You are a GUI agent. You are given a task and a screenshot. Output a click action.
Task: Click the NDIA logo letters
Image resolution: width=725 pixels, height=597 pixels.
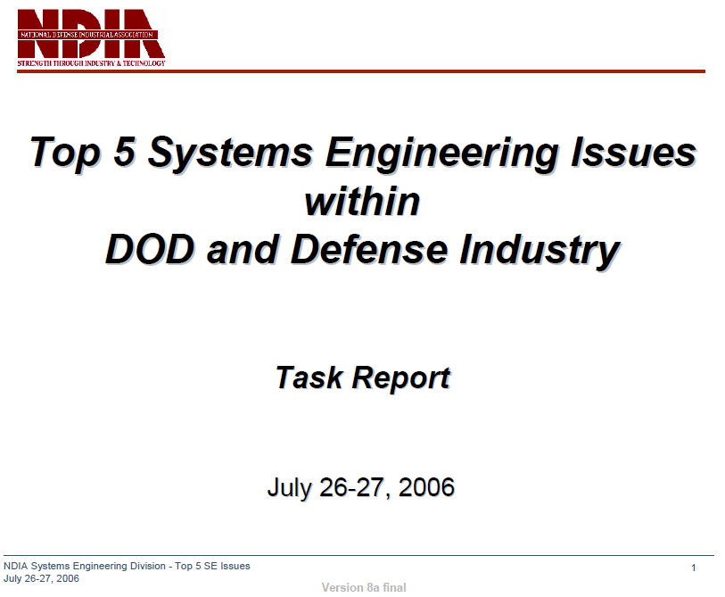(91, 33)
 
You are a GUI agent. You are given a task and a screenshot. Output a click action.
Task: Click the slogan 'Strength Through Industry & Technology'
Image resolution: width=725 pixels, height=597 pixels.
(91, 63)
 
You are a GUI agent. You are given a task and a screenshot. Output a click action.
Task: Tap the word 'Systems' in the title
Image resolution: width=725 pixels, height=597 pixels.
(231, 153)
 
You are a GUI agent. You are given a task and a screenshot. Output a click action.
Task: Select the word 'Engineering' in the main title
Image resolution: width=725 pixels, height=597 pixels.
(442, 153)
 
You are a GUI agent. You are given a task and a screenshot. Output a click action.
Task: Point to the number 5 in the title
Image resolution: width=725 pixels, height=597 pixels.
(125, 151)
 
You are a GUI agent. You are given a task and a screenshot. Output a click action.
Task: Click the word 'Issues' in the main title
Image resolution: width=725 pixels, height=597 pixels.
(633, 152)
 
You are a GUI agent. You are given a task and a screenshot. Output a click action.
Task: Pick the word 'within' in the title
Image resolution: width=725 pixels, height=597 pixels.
(362, 202)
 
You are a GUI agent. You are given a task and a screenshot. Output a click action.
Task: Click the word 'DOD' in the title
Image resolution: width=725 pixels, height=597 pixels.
(150, 250)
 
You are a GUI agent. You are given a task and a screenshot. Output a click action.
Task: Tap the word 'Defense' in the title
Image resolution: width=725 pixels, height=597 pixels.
(369, 250)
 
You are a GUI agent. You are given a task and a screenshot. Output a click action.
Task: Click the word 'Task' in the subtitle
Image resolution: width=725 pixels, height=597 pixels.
(309, 378)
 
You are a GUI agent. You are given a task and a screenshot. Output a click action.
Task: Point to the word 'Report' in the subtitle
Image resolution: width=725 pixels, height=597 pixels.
(401, 379)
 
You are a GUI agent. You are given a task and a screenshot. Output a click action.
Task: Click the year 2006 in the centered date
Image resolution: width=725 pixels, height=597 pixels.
(426, 488)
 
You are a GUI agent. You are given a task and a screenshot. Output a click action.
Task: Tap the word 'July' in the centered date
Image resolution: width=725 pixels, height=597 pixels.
(289, 489)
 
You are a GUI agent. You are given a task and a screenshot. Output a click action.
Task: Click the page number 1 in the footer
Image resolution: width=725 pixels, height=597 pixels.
(694, 568)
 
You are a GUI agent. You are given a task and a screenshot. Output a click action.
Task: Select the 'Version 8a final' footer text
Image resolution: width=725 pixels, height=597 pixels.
(364, 588)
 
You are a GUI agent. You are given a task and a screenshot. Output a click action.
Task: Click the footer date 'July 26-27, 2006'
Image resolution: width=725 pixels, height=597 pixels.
(41, 579)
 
